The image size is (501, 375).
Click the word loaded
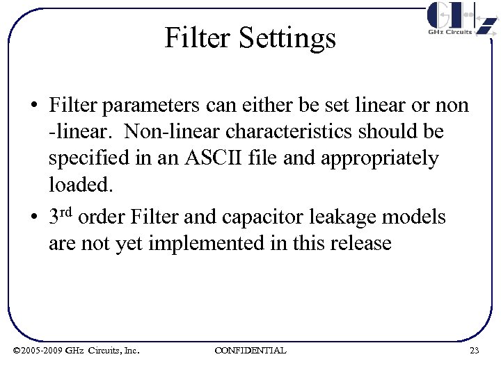tap(80, 185)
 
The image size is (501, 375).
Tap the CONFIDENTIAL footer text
tap(250, 351)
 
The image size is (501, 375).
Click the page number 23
tap(475, 351)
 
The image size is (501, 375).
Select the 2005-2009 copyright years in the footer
tap(42, 351)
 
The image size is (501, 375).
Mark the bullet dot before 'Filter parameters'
tap(33, 107)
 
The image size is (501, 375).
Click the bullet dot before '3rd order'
tap(33, 218)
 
